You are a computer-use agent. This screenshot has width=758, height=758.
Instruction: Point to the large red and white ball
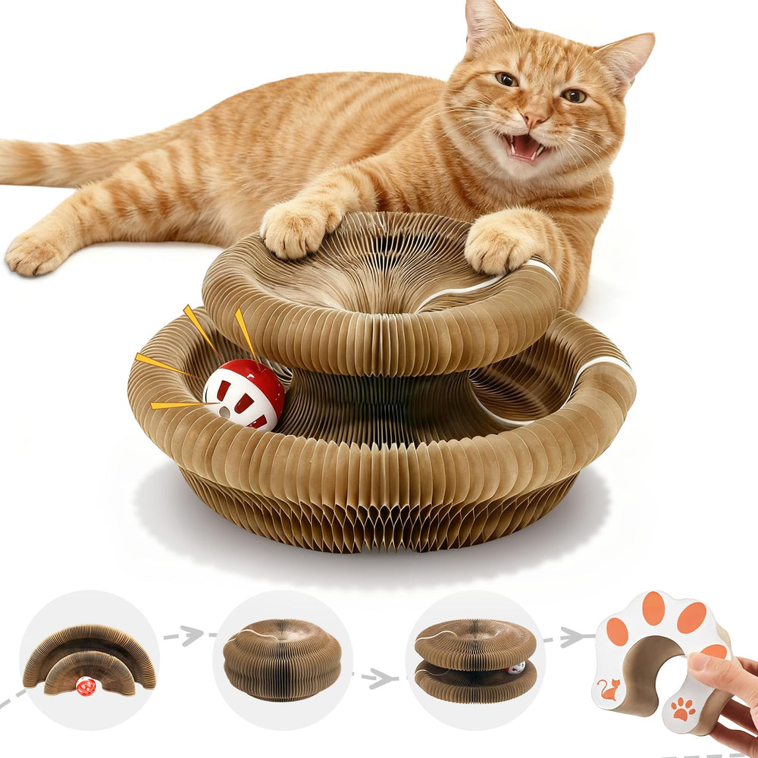click(244, 394)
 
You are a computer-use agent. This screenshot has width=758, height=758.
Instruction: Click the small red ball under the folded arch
click(86, 687)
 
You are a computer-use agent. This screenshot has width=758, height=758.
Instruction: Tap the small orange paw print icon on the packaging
click(684, 709)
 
